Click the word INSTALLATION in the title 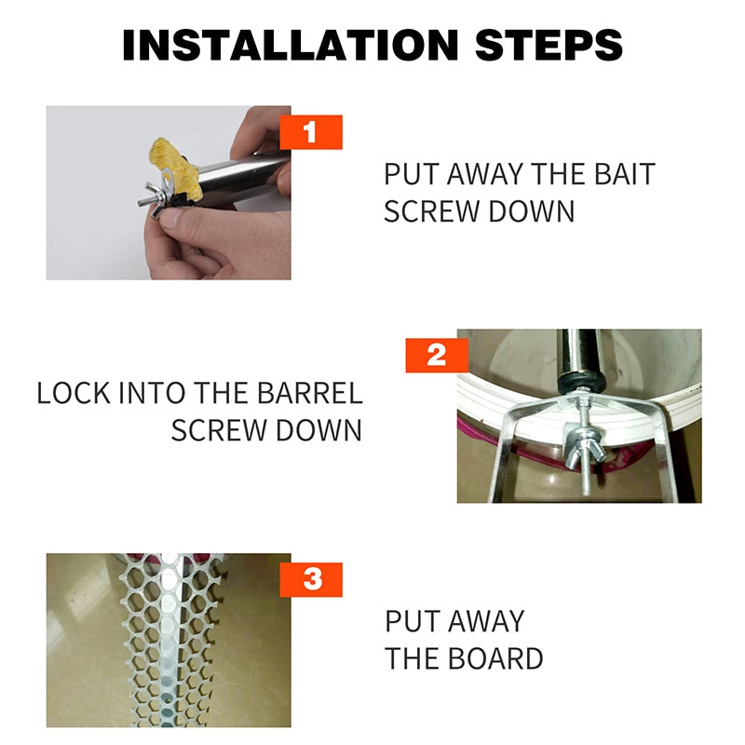point(291,45)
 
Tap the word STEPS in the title point(549,45)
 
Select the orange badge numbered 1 point(311,132)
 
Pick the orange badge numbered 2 point(437,356)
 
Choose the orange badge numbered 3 point(311,579)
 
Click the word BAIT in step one point(625,174)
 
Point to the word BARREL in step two point(310,393)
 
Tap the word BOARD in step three point(495,658)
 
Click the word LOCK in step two point(74,393)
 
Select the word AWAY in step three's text point(486,621)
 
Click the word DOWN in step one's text point(532,211)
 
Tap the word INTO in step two point(152,393)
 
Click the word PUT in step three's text point(412,621)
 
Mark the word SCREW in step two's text point(219,430)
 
